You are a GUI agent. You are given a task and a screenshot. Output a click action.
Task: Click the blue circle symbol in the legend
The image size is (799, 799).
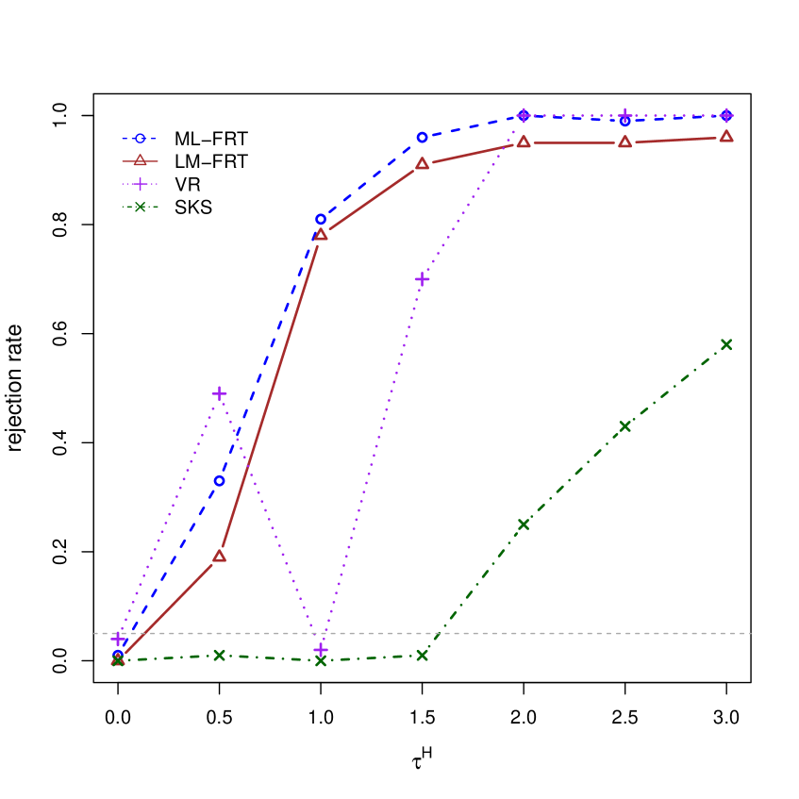tap(140, 139)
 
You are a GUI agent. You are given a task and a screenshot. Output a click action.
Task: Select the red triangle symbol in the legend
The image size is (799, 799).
tap(140, 160)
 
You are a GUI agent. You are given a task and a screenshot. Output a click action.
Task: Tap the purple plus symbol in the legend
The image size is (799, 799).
tap(140, 184)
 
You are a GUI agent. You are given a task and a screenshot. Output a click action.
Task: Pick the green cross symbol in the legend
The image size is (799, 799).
tap(140, 207)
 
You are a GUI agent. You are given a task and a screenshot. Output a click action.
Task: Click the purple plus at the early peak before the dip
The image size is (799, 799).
tap(219, 393)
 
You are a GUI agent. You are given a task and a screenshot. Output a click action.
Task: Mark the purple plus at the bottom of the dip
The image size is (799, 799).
tap(321, 650)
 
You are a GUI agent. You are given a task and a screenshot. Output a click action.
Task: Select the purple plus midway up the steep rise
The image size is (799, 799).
tap(422, 279)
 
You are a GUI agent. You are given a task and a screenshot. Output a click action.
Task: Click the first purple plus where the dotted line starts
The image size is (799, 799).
tap(118, 640)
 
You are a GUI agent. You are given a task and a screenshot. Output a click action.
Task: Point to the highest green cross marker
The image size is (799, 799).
tap(726, 344)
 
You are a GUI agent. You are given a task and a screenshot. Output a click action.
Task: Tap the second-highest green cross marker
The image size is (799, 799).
tap(624, 426)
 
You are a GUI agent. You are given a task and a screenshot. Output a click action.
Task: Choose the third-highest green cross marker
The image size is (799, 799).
tap(524, 524)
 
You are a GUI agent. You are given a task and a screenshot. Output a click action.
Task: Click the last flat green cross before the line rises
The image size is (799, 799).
tap(422, 655)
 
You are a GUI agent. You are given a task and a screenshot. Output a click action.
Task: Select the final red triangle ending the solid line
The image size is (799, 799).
tap(726, 137)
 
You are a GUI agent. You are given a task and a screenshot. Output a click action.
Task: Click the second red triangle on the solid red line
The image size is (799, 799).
tap(219, 556)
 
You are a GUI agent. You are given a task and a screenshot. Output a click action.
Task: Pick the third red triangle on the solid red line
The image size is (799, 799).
tap(321, 234)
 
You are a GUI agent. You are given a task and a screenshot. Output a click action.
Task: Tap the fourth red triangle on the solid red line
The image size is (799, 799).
tap(422, 163)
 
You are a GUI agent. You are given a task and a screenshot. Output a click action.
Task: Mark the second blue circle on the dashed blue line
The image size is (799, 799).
tap(219, 481)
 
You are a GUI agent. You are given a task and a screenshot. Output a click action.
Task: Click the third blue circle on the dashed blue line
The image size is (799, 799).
tap(321, 219)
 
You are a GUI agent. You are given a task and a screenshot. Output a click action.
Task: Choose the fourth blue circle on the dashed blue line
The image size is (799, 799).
tap(422, 138)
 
